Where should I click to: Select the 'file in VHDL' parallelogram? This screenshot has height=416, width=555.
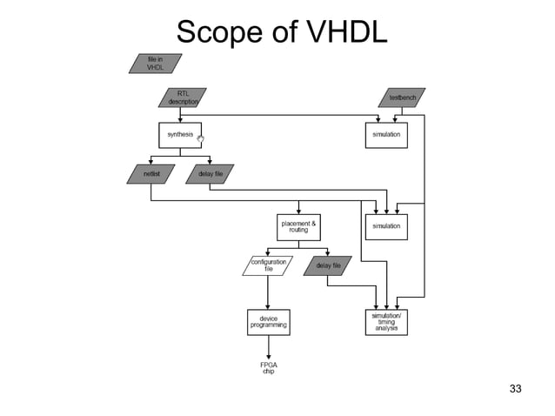(156, 64)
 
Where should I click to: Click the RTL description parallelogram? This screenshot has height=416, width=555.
(183, 97)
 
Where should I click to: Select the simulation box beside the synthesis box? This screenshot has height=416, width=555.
(385, 135)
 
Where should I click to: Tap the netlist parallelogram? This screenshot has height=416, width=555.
(151, 174)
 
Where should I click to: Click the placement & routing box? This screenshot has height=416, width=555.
(298, 226)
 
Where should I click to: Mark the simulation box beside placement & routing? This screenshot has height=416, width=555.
(385, 226)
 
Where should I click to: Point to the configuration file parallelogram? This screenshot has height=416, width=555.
(268, 265)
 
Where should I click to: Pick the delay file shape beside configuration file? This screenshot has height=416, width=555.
(328, 265)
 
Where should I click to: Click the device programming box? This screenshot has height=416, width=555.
(268, 322)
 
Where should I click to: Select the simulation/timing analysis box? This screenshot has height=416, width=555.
(385, 322)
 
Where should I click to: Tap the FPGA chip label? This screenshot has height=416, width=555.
(269, 367)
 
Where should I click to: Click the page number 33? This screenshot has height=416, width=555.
(515, 388)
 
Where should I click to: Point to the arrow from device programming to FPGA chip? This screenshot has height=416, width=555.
(269, 346)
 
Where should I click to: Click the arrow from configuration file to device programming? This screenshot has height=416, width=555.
(269, 292)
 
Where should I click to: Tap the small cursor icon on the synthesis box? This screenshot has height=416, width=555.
(200, 138)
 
